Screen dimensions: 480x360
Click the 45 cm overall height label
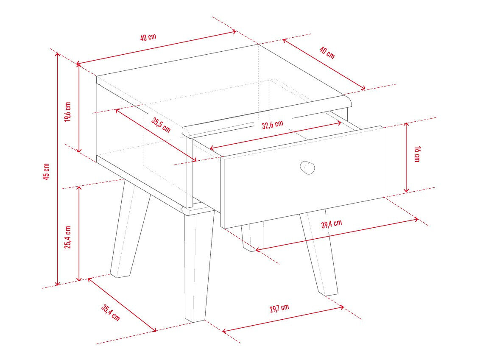pyautogui.click(x=46, y=171)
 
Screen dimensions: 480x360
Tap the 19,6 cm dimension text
pyautogui.click(x=68, y=112)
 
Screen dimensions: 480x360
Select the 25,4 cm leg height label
pyautogui.click(x=68, y=237)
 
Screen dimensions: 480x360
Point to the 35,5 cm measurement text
pyautogui.click(x=161, y=125)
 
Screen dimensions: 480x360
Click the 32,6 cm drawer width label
pyautogui.click(x=273, y=125)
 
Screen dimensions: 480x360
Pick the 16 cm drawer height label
pyautogui.click(x=417, y=154)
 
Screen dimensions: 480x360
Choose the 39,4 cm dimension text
pyautogui.click(x=332, y=224)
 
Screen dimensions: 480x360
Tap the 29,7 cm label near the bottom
pyautogui.click(x=279, y=308)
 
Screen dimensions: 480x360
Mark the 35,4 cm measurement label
pyautogui.click(x=111, y=313)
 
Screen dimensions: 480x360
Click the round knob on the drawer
pyautogui.click(x=307, y=167)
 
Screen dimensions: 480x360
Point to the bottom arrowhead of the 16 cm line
pyautogui.click(x=406, y=190)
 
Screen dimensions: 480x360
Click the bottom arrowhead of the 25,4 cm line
pyautogui.click(x=79, y=278)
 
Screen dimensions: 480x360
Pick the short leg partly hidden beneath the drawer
pyautogui.click(x=252, y=237)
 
